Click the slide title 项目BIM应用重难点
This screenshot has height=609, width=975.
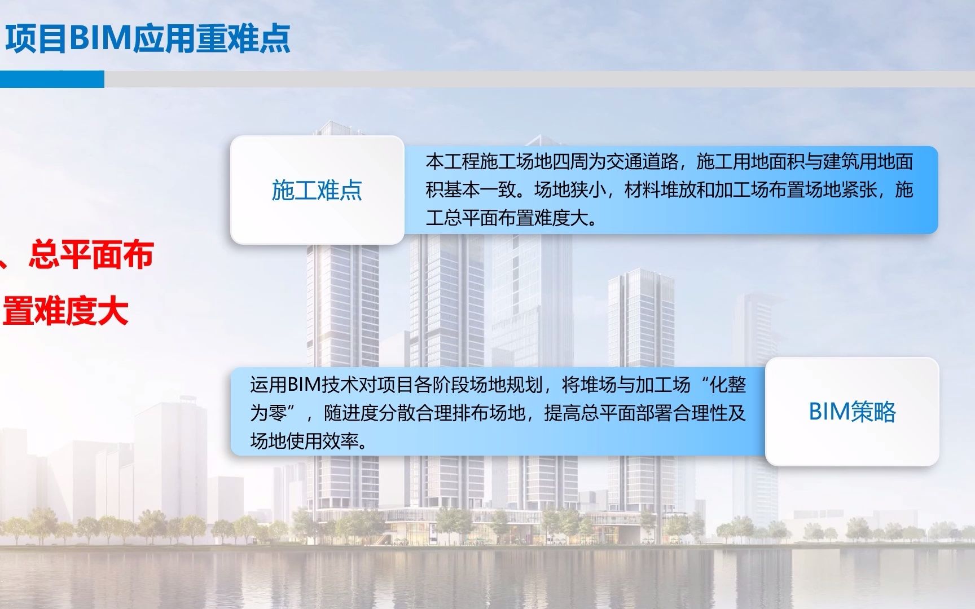point(148,38)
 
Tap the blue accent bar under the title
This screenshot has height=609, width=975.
point(52,80)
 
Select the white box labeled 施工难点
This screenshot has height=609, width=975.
point(317,190)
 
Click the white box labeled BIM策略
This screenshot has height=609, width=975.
point(852,412)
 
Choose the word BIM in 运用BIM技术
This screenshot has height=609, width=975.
point(304,385)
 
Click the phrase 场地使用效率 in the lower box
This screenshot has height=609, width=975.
point(304,441)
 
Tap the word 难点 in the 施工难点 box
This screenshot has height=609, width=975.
point(339,190)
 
